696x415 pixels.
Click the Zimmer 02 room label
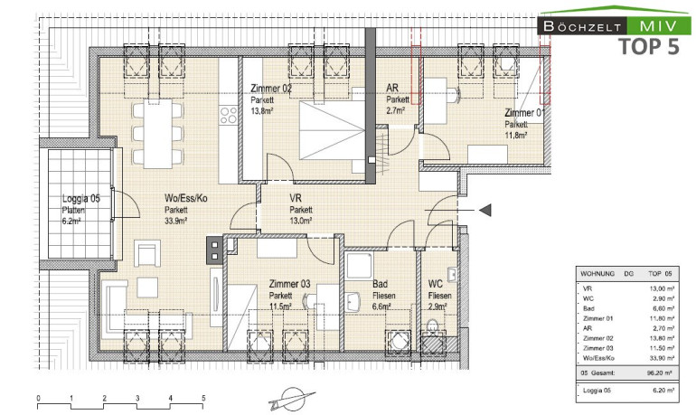(271, 89)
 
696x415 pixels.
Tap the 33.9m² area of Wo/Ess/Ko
(175, 221)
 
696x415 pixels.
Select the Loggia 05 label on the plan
(80, 199)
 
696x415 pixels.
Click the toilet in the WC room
(432, 329)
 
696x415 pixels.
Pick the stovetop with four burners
(229, 115)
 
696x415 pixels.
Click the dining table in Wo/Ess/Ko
(158, 134)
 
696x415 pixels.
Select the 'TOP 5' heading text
(648, 47)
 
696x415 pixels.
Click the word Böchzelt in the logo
(582, 26)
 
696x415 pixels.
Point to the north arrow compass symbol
(291, 397)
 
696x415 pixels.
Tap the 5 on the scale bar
(203, 398)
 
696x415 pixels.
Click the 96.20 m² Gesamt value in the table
(661, 373)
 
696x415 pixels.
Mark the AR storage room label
(392, 89)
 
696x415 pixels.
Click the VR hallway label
(296, 198)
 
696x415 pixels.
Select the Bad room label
(380, 284)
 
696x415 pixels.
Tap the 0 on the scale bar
(38, 398)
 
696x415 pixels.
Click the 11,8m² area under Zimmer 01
(516, 136)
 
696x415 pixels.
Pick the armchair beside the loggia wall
(147, 253)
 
